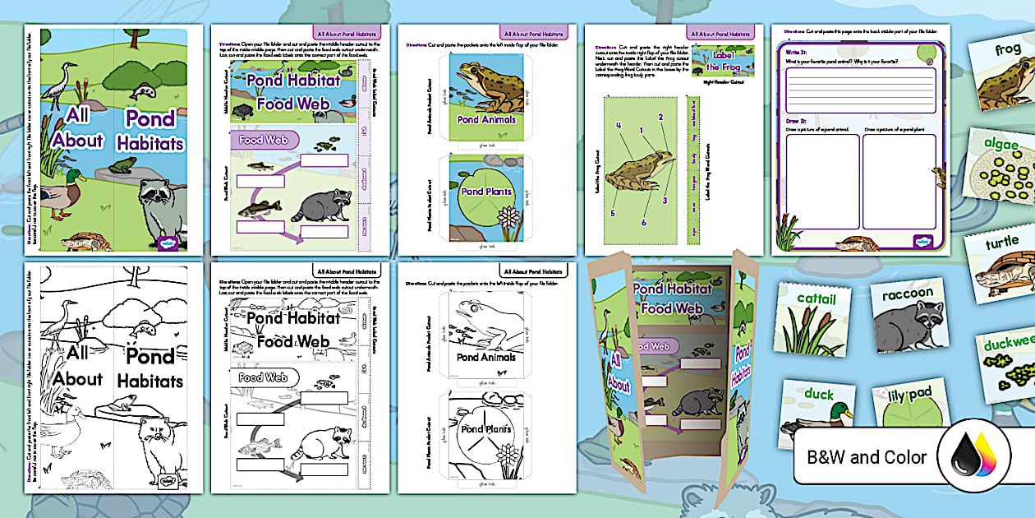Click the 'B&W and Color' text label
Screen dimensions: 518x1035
point(867,457)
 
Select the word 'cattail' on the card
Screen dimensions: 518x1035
point(810,298)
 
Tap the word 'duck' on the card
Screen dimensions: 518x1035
point(818,395)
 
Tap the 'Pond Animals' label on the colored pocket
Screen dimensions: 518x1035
point(486,119)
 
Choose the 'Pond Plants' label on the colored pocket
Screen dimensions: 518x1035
point(486,192)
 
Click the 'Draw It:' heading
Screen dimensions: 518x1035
point(793,120)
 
